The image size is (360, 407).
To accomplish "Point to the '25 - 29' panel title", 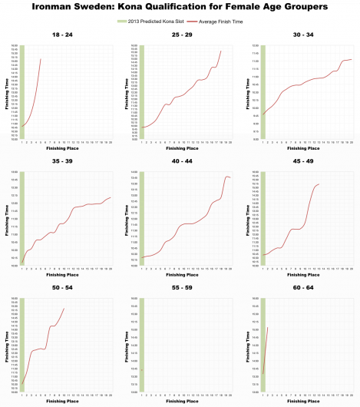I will [180, 34].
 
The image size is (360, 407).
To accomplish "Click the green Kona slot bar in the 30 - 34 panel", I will [264, 92].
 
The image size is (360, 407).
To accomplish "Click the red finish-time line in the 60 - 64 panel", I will [266, 349].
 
